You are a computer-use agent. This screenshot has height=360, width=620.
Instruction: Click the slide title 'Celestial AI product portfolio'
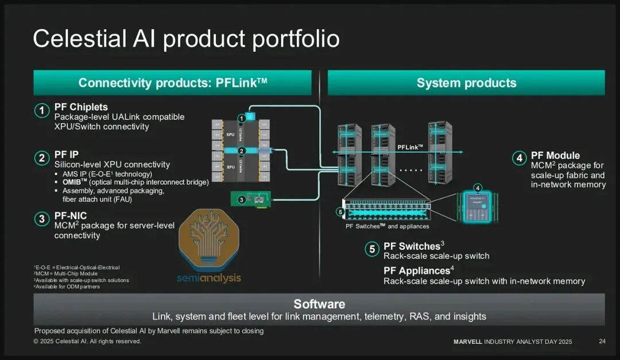coord(186,39)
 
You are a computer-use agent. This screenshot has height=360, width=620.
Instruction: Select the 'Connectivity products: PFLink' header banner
coord(172,83)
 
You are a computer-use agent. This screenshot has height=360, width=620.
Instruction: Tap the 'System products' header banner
coord(466,83)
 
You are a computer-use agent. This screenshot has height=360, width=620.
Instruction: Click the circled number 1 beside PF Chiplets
coord(41,111)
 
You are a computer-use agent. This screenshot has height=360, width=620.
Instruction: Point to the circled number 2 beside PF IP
coord(41,158)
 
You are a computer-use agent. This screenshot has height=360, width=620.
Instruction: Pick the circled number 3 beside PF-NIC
coord(41,219)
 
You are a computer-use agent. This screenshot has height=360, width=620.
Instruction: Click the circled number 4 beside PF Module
coord(518,158)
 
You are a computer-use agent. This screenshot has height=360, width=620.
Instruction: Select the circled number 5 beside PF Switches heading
coord(372,249)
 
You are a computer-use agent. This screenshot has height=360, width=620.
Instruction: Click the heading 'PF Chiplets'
coord(81,107)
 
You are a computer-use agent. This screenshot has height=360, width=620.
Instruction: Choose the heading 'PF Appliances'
coord(416,271)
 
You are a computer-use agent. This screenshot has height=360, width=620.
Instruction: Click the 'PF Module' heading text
coord(555,156)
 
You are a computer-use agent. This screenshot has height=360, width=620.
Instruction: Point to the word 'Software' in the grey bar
coord(319,304)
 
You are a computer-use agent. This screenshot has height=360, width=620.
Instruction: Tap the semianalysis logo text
coord(209,278)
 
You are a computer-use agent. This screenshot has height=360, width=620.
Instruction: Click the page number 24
coord(602,342)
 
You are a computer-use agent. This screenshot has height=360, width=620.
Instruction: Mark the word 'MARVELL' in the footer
coord(468,342)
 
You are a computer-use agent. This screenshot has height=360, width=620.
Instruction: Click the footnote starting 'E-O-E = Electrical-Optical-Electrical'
coord(77,268)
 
